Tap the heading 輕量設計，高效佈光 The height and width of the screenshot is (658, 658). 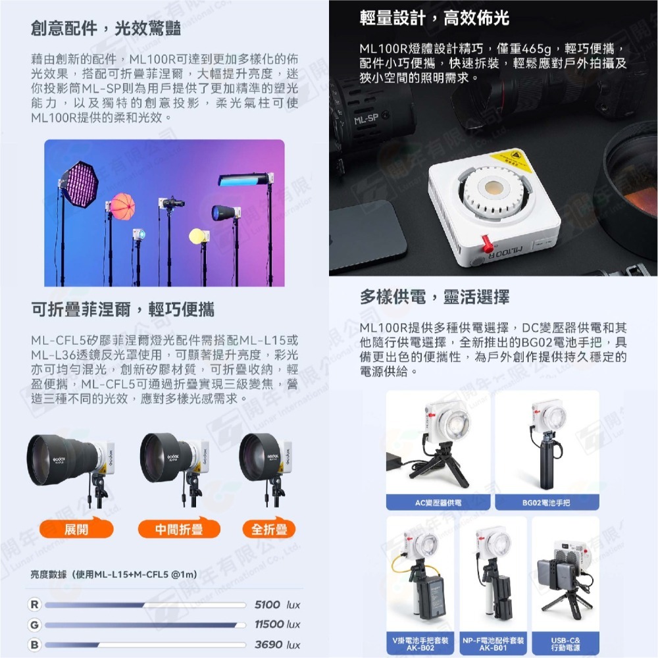click(434, 18)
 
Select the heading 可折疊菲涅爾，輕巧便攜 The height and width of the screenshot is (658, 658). click(122, 309)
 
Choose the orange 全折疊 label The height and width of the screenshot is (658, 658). click(268, 530)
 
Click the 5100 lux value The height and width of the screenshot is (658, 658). click(277, 604)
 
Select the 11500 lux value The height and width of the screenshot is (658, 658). click(277, 624)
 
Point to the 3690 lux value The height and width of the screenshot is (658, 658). click(277, 645)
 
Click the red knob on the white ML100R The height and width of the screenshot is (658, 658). click(488, 244)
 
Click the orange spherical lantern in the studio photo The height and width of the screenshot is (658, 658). click(123, 205)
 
